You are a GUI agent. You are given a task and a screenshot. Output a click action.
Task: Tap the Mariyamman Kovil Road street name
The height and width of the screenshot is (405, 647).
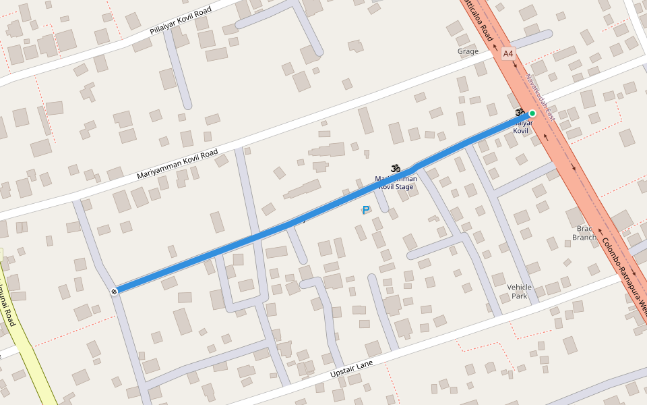pos(178,163)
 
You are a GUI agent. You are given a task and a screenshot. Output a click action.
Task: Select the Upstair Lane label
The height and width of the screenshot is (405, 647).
pos(351,369)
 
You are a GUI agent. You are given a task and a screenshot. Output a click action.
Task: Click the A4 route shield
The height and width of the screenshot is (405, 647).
pos(508,53)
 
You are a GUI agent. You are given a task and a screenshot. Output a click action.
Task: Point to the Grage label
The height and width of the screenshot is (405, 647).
pos(468,51)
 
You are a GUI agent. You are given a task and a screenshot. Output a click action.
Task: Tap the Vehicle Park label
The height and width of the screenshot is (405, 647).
pos(519,292)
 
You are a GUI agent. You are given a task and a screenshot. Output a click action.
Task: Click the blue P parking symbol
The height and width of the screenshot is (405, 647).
pos(366,211)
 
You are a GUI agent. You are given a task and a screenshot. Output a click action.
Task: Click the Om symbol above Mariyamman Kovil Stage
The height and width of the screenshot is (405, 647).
pos(395,168)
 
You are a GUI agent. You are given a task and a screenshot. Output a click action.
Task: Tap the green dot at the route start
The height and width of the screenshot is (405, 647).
pos(532,113)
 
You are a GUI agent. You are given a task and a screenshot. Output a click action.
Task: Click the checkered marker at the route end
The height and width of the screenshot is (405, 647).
pos(115,291)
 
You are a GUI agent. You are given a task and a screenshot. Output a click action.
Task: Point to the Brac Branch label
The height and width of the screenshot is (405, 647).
pos(584,233)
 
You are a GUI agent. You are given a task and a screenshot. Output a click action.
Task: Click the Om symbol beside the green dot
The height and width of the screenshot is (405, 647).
pos(520,112)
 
